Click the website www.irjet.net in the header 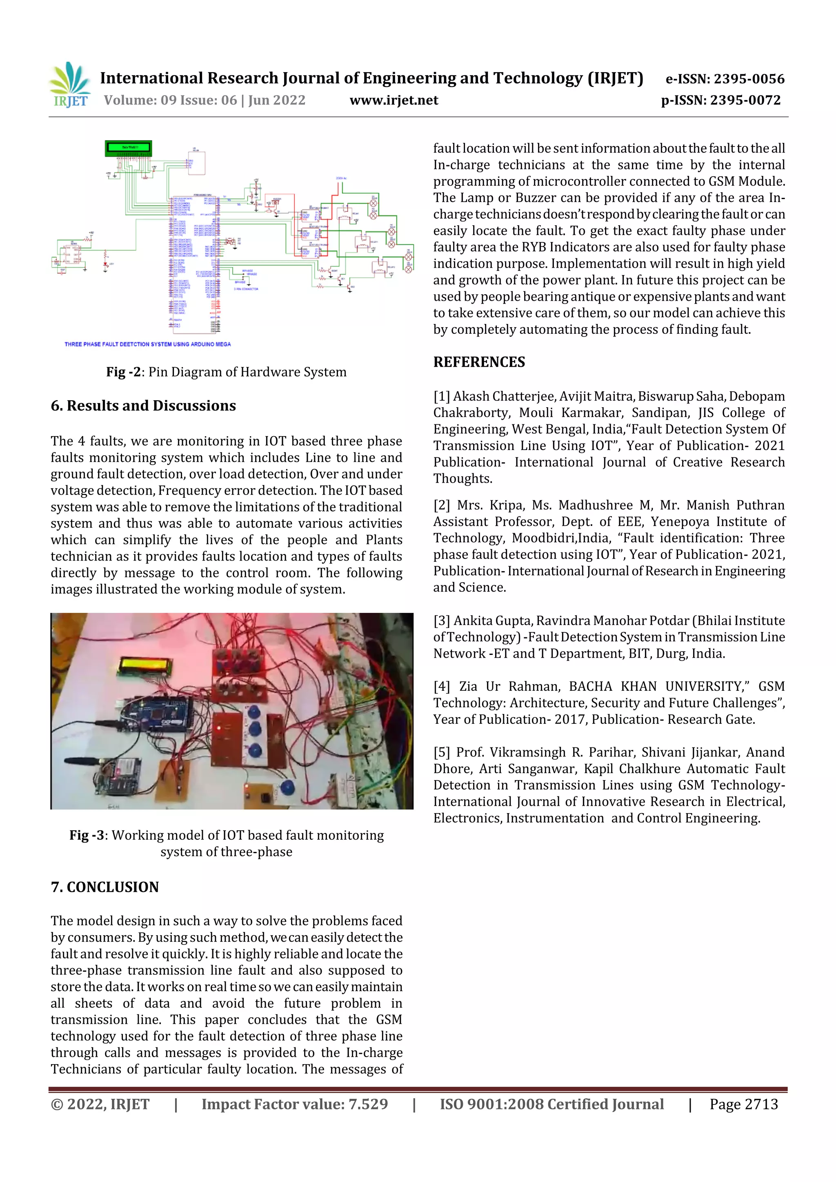pyautogui.click(x=394, y=100)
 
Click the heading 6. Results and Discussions pyautogui.click(x=143, y=406)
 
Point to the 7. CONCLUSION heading pyautogui.click(x=104, y=887)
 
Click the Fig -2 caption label pyautogui.click(x=124, y=372)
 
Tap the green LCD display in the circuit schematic pyautogui.click(x=128, y=148)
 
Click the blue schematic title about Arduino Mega pyautogui.click(x=147, y=344)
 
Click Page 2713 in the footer pyautogui.click(x=743, y=1104)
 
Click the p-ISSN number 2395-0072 pyautogui.click(x=745, y=100)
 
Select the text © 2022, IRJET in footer pyautogui.click(x=100, y=1104)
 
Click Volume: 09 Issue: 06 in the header pyautogui.click(x=170, y=100)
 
